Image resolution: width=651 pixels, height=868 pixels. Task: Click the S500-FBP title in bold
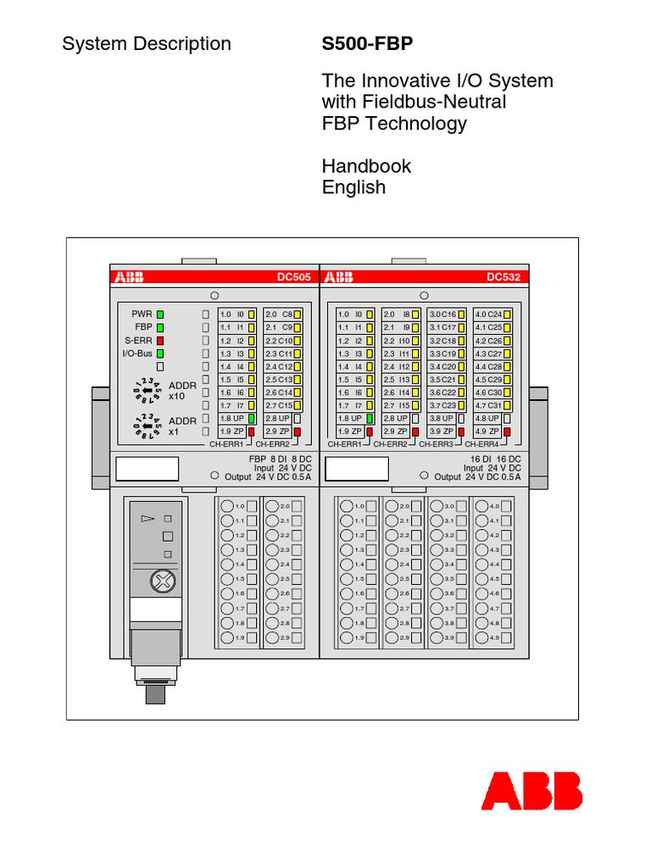(366, 44)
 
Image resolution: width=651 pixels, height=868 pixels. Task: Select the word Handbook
(366, 166)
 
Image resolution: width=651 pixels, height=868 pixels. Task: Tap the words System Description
(147, 44)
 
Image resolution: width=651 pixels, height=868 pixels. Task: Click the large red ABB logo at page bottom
(531, 791)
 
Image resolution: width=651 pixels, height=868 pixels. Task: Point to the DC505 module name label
(293, 276)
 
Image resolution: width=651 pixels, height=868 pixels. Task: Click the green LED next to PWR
(159, 314)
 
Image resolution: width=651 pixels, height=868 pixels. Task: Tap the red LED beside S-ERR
(159, 340)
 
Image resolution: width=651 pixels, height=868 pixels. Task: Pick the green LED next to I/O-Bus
(159, 353)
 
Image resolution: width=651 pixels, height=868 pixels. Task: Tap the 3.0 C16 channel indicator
(447, 314)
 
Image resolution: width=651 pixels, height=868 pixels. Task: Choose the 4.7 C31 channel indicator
(492, 405)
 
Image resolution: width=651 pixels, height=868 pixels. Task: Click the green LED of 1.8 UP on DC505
(251, 419)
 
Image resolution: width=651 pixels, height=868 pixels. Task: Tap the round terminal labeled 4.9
(482, 637)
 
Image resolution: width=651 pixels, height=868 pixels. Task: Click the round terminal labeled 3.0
(437, 506)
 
